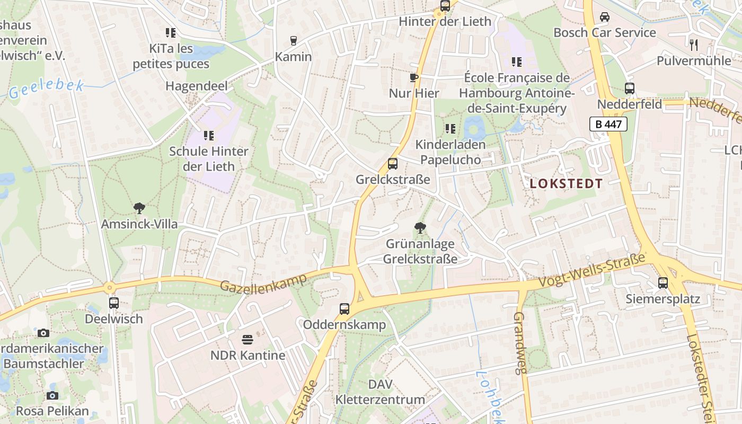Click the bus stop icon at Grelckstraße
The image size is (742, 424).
pos(392,164)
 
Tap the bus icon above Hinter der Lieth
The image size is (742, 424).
pos(445,6)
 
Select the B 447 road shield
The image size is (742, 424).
pos(608,125)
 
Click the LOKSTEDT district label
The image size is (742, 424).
pos(566,184)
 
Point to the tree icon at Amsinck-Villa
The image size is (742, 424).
pos(139,208)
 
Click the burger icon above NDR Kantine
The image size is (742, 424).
pos(248,339)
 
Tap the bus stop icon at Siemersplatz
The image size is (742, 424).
pos(662,283)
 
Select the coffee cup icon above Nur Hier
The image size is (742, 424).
pos(414,78)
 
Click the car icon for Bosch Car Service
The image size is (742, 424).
pos(604,17)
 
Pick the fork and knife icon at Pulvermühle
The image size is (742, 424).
pos(693,45)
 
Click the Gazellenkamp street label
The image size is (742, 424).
pos(263,283)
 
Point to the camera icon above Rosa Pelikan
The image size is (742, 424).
pos(52,395)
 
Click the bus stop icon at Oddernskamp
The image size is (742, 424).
pos(344,308)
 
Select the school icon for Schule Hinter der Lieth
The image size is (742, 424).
pos(208,136)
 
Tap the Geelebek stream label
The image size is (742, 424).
pos(47,89)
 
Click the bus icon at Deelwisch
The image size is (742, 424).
pos(113,303)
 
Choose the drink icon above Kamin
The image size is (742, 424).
pos(293,41)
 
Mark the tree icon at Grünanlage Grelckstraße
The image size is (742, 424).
pos(420,228)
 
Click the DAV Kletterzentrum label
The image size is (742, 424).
pos(380,392)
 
